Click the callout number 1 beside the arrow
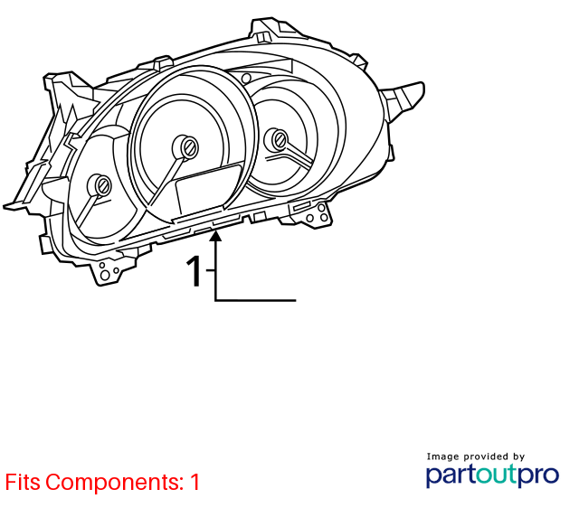[x=194, y=271]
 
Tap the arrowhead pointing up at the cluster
[x=215, y=235]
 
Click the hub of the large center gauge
[x=185, y=147]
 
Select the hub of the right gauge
[x=278, y=139]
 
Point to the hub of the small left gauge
[x=100, y=185]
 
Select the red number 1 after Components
[x=195, y=482]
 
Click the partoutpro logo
[x=492, y=475]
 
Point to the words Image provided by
[x=476, y=456]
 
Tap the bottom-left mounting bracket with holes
[x=109, y=269]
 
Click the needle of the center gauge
[x=165, y=181]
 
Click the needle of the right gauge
[x=299, y=155]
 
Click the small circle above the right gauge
[x=246, y=79]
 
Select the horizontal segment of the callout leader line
[x=255, y=301]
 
